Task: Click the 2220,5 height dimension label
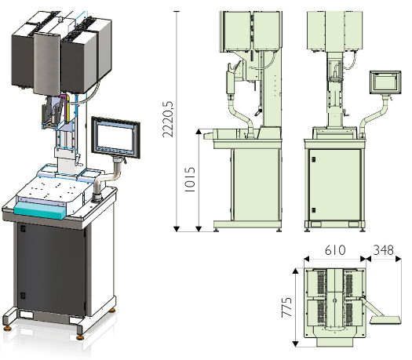(168, 119)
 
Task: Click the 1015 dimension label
(190, 180)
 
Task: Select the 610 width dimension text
(335, 250)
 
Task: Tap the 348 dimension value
(384, 250)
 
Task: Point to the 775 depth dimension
(286, 307)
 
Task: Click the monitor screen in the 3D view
(116, 137)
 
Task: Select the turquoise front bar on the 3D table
(40, 210)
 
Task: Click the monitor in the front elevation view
(385, 82)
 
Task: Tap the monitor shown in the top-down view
(386, 320)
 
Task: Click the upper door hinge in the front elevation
(313, 159)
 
